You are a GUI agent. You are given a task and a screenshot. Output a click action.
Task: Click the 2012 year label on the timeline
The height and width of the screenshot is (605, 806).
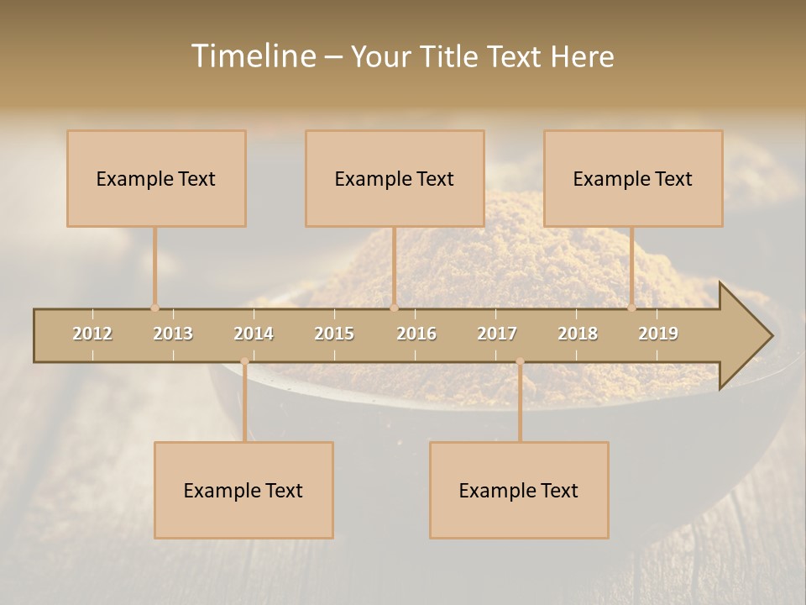[x=92, y=334]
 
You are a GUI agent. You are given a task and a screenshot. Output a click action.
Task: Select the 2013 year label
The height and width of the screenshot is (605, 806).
[x=173, y=334]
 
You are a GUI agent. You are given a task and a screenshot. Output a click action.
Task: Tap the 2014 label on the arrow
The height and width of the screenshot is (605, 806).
[x=254, y=334]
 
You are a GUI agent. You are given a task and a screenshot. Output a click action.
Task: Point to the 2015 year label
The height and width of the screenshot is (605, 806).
[x=334, y=334]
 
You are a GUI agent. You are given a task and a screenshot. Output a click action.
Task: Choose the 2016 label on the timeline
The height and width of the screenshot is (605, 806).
[x=416, y=334]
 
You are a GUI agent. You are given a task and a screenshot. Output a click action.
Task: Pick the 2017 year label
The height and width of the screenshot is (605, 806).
[x=497, y=334]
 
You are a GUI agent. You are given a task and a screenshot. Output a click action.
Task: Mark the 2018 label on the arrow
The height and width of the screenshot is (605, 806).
[x=578, y=334]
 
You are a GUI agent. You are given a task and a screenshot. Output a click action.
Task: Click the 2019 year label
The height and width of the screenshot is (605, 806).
[x=658, y=334]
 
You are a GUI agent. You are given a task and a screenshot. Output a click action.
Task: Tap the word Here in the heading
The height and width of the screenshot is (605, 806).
[x=582, y=56]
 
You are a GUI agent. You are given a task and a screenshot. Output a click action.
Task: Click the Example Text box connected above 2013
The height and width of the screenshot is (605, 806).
[x=156, y=178]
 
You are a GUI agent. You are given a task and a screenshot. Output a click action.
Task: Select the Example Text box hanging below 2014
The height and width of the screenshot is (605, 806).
[x=243, y=490]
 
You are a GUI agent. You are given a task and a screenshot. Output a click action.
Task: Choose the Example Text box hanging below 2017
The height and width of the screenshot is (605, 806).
[x=519, y=490]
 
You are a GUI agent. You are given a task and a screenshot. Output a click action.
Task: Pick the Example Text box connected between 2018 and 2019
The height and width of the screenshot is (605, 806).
[x=633, y=178]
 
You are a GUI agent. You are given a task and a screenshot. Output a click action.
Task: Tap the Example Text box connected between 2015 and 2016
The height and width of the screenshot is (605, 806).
[x=395, y=178]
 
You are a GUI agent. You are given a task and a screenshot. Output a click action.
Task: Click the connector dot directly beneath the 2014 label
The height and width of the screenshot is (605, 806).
[x=244, y=361]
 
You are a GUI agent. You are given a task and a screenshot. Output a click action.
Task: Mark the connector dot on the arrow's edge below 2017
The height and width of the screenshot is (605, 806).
[x=520, y=361]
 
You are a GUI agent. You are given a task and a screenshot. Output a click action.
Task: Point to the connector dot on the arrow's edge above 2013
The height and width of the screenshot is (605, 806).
[x=154, y=308]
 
